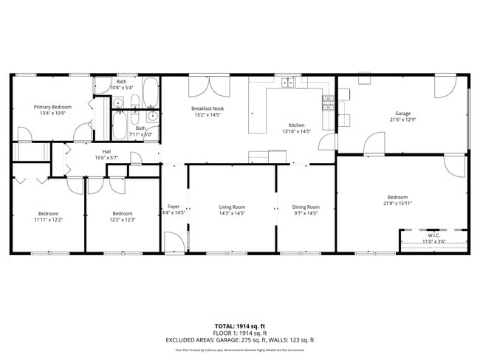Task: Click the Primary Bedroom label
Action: coord(52,107)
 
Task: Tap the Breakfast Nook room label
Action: coord(208,109)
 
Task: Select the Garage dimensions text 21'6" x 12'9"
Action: coord(402,119)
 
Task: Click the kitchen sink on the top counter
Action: coord(288,83)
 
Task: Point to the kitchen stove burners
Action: coord(327,103)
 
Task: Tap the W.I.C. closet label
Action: coord(433,235)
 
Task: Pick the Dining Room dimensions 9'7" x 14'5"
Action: coord(306,213)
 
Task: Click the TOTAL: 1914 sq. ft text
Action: coord(241,325)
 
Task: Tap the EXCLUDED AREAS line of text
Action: coord(241,339)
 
